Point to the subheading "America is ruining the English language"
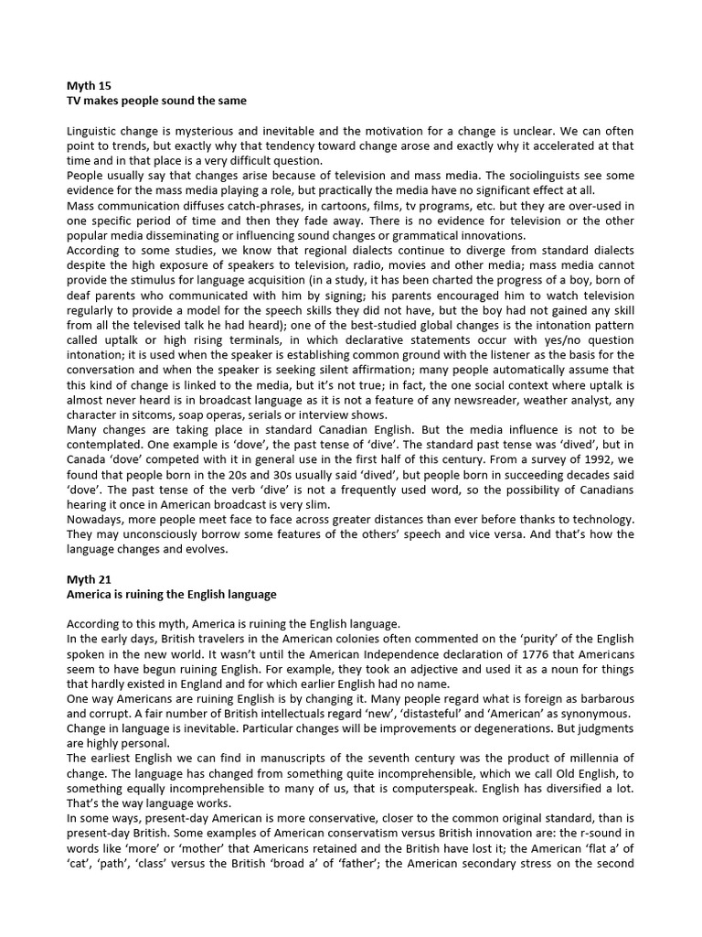(x=172, y=594)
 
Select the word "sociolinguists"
(x=508, y=176)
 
